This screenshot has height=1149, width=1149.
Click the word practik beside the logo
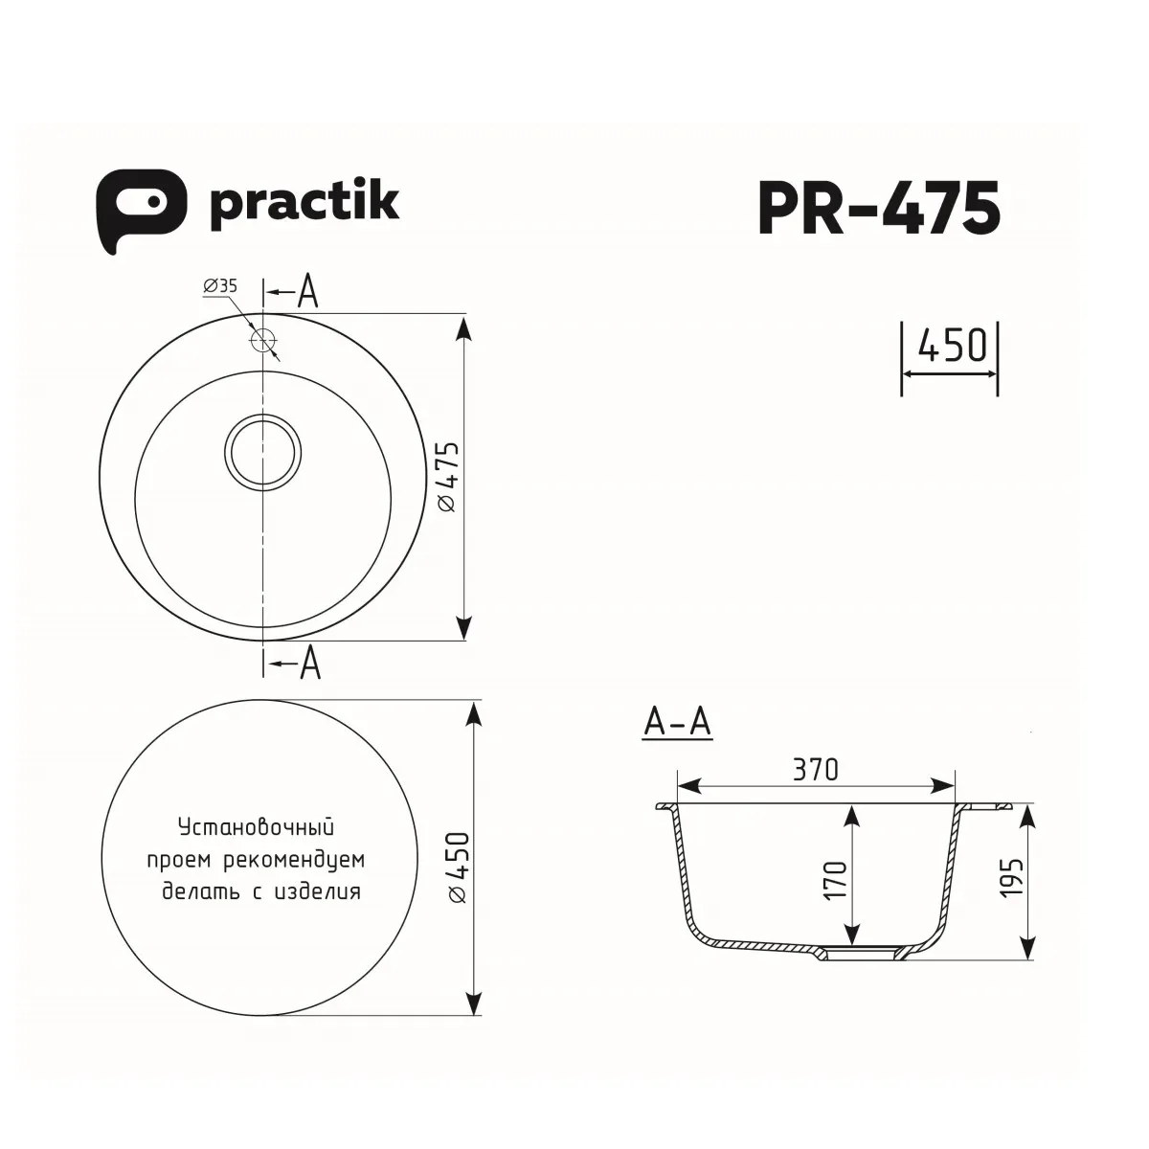(x=303, y=204)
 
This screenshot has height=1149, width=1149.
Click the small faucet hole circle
(x=262, y=340)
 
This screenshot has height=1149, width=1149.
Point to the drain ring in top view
(x=262, y=451)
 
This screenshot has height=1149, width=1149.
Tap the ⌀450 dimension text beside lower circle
(x=458, y=867)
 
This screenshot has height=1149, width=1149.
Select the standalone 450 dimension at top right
(x=950, y=347)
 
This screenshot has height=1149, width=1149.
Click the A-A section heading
(x=677, y=724)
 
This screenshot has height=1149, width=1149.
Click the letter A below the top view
(x=309, y=663)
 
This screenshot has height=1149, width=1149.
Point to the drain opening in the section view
(x=860, y=953)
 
